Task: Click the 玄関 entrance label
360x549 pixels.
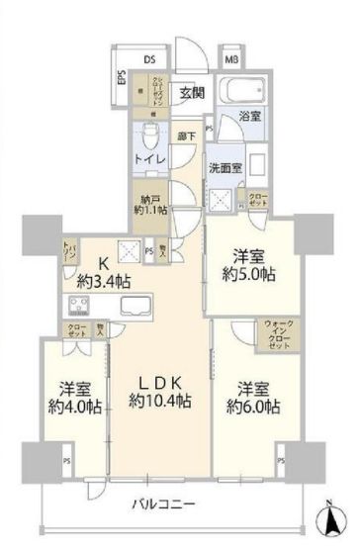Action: [x=192, y=93]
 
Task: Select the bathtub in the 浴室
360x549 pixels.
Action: [x=243, y=92]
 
